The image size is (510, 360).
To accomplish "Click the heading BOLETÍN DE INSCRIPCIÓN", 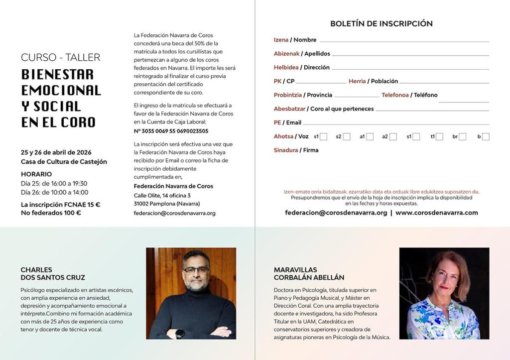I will coord(381,24).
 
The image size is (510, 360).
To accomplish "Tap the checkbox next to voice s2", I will coord(347,136).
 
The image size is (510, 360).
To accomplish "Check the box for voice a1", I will coord(370,136).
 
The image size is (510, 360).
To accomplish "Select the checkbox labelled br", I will coord(463,136).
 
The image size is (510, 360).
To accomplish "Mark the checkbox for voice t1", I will coord(439,136).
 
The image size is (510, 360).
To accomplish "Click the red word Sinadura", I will coord(286,150).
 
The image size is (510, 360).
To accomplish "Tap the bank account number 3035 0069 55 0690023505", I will coord(171,131).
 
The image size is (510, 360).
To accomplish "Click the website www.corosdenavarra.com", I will coord(437,213).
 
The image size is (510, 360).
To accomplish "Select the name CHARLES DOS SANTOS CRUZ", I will coord(53,274).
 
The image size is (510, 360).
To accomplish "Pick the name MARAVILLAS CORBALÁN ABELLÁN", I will coord(309,274).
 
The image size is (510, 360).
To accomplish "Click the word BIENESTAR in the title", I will coord(57,75).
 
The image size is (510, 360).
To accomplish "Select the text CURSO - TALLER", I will coord(60,58).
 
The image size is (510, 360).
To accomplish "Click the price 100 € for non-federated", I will coord(72,213).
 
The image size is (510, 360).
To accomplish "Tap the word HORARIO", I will coord(36,174).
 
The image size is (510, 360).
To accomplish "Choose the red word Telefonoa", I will coord(395,95).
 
